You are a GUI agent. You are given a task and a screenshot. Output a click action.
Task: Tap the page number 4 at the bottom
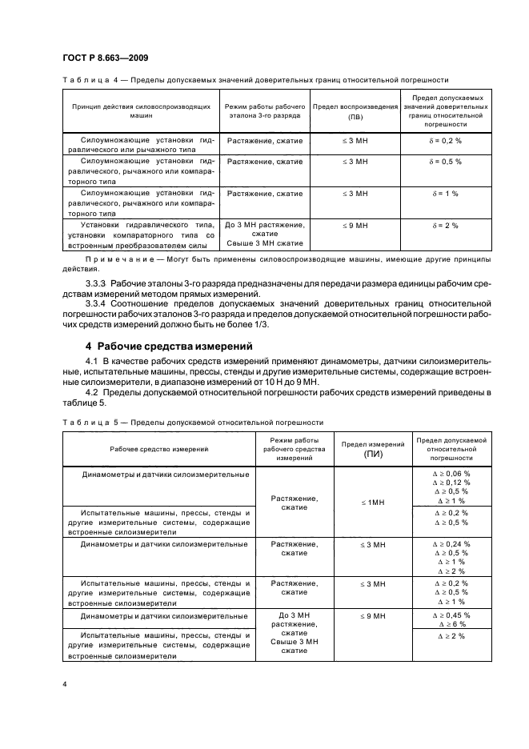[x=64, y=684]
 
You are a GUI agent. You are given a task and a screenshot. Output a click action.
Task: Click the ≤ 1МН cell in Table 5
[x=373, y=502]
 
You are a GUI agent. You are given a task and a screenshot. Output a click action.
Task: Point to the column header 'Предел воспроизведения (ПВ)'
[x=355, y=110]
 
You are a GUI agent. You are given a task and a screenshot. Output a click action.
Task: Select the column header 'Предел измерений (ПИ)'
[x=373, y=448]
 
